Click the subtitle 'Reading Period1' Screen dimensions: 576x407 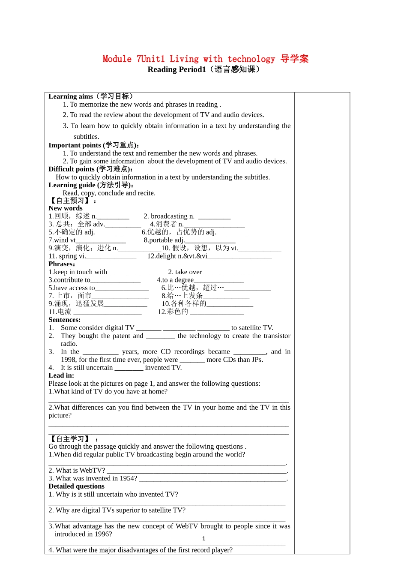177,70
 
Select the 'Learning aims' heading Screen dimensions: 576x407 71,96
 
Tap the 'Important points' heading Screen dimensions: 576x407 75,145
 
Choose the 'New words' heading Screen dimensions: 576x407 66,208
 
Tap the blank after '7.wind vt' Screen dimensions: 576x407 101,241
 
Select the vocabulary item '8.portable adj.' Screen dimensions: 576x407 164,240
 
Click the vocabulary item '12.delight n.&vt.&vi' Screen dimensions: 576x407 177,256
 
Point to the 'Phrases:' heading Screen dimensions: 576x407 62,264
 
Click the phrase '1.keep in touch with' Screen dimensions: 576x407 78,272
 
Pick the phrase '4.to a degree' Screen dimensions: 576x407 175,280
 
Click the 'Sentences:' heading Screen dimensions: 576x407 64,320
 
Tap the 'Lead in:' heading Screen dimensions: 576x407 61,375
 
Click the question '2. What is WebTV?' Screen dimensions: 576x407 77,471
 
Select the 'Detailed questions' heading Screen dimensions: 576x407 76,486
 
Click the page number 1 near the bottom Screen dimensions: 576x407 203,539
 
